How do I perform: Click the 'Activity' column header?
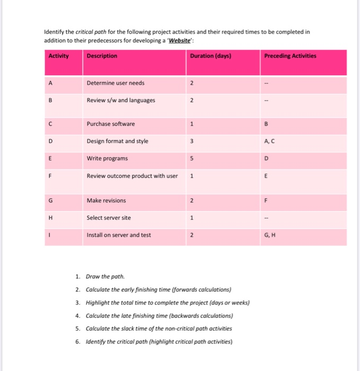58,56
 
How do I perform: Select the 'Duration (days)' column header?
210,56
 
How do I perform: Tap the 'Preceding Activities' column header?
289,56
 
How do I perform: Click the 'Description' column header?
102,56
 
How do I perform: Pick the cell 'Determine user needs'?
115,83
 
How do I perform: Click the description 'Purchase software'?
111,124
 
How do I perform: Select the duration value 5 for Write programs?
191,158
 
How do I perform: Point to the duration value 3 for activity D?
191,142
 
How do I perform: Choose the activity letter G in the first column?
50,201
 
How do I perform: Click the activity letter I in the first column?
50,235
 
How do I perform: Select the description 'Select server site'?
109,218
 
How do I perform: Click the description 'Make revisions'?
106,201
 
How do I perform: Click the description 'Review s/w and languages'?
121,100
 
